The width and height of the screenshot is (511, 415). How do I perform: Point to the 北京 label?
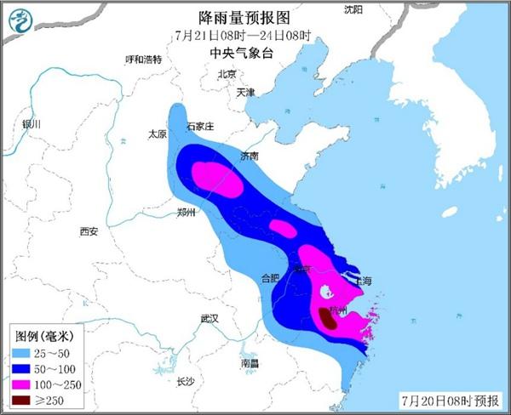click(x=226, y=74)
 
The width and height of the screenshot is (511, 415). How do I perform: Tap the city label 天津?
click(x=245, y=92)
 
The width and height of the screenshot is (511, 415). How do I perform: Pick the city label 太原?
click(x=157, y=134)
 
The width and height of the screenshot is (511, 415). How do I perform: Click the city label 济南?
click(x=249, y=156)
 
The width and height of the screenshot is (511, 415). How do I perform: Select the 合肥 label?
click(x=269, y=277)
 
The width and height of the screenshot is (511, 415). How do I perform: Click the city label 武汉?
click(x=210, y=318)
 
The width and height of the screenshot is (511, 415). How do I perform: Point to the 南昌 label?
click(x=250, y=362)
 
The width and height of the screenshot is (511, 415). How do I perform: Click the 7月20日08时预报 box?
click(x=452, y=400)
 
